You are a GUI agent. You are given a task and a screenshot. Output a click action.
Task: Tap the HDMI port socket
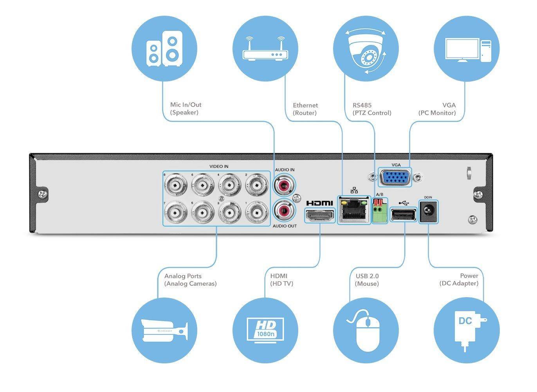[x=320, y=216]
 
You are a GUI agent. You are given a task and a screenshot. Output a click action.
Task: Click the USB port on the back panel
[x=404, y=215]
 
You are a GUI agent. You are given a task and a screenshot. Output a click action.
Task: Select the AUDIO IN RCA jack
[x=284, y=184]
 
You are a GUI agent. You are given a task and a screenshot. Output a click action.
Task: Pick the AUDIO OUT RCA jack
[x=284, y=211]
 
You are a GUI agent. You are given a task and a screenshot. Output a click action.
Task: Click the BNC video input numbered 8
[x=175, y=185]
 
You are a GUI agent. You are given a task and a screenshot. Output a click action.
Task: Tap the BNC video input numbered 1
[x=256, y=213]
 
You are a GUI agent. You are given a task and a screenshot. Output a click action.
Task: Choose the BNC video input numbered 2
[x=256, y=185]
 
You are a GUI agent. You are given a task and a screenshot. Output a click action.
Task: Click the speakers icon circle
[x=164, y=49]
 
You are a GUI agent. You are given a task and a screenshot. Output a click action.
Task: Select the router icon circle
[x=265, y=49]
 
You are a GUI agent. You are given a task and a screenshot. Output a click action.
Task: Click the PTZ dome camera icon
[x=366, y=49]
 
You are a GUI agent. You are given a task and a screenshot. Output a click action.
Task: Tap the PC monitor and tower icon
[x=467, y=49]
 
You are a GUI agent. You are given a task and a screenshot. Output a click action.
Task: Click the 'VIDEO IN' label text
[x=219, y=167]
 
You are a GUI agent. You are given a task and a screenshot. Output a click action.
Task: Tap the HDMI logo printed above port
[x=319, y=203]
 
